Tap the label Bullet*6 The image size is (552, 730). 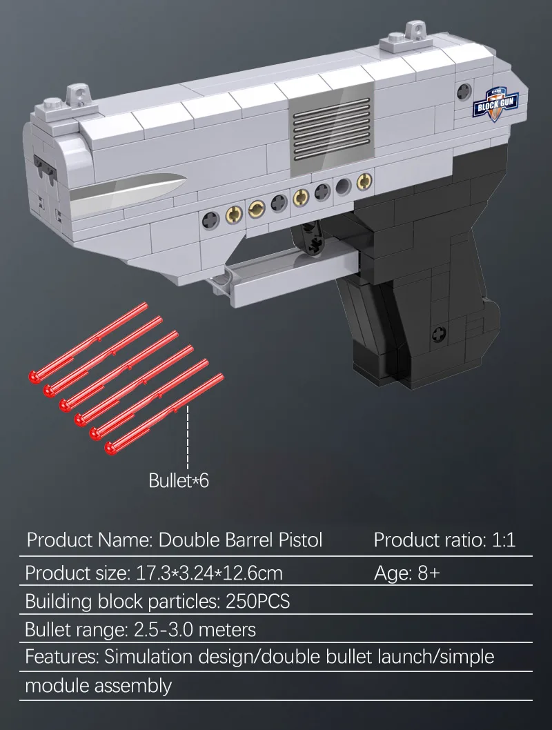[x=179, y=480]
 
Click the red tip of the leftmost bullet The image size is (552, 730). [x=33, y=376]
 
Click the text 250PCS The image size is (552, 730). [x=257, y=601]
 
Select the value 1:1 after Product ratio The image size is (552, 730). [x=503, y=540]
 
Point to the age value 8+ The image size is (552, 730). [x=428, y=573]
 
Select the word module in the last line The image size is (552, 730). [x=57, y=686]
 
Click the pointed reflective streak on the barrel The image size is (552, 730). [x=128, y=190]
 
